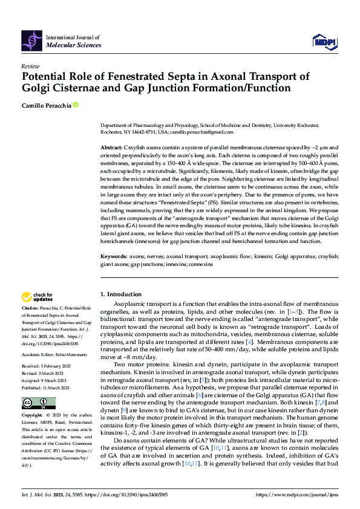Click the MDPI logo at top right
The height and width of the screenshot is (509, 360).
(x=323, y=41)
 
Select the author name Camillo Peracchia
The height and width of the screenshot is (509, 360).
(x=46, y=106)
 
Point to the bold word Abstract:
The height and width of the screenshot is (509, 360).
(x=111, y=148)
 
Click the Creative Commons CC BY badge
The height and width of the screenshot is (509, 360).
(x=38, y=403)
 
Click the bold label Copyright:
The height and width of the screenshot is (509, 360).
(x=33, y=417)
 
